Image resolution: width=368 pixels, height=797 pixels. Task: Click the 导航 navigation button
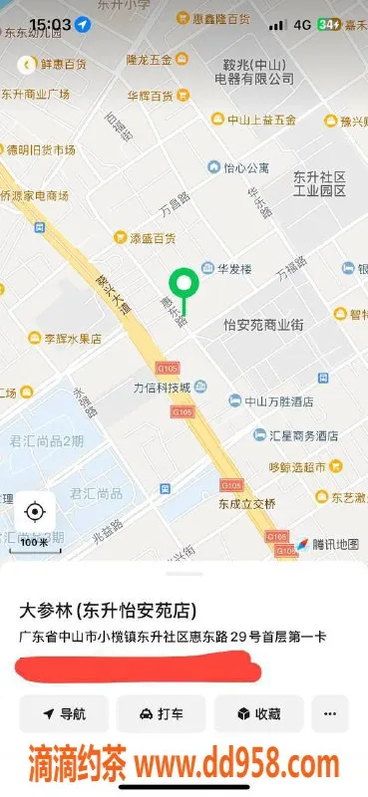click(x=64, y=713)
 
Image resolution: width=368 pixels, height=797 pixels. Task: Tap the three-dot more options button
click(x=330, y=713)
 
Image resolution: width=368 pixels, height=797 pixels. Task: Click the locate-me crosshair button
click(x=35, y=512)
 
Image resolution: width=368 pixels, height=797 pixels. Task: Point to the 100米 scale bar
click(x=34, y=543)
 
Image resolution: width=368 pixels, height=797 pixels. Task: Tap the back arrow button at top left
click(x=28, y=64)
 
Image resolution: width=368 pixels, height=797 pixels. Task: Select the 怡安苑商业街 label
click(x=263, y=325)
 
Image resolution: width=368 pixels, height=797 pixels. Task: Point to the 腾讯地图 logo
click(x=325, y=544)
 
